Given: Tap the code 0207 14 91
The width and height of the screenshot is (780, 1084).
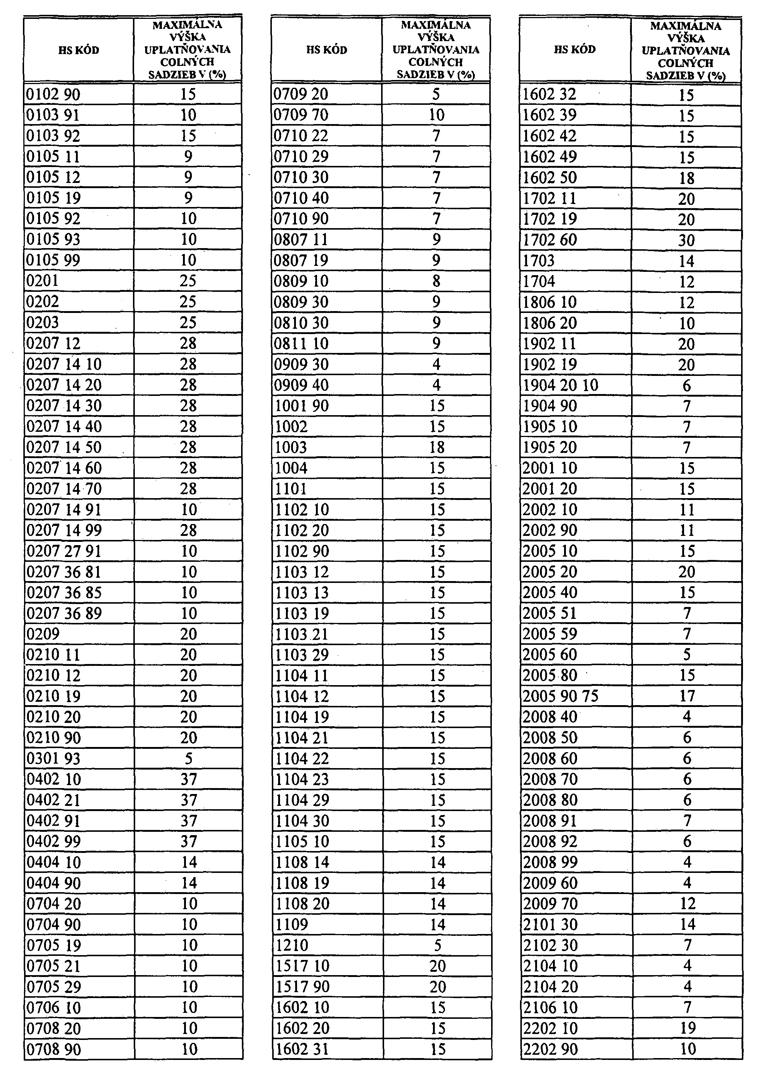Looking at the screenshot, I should pos(64,510).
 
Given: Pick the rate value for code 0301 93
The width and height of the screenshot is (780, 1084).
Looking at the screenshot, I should pos(188,758).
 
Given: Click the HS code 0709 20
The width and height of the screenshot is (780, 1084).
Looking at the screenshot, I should pos(301,94).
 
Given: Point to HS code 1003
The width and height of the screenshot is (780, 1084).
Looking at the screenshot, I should pos(291,447).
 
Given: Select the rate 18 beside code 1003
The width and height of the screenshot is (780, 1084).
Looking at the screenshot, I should pos(437,447).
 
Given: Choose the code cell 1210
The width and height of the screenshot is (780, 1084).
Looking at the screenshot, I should pos(292,945).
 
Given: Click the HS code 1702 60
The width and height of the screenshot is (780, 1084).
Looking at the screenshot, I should pos(550,240).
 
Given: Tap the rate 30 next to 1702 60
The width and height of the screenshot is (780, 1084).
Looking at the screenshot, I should pos(686,240).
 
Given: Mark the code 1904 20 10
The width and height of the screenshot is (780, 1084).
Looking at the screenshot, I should pos(560,385).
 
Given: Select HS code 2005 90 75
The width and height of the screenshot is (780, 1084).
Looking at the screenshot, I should pos(560,696).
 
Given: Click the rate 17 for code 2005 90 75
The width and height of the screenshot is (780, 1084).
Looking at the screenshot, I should pos(687,696).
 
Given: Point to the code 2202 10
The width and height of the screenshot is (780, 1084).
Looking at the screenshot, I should pos(550,1028).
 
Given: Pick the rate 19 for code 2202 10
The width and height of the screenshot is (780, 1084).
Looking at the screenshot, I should pos(687,1028).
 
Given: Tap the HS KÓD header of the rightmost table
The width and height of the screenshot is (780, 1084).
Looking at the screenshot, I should pos(574,50).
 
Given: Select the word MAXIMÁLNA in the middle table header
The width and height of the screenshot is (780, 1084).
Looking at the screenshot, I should pos(436,25).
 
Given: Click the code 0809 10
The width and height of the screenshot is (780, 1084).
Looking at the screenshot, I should pos(301,281).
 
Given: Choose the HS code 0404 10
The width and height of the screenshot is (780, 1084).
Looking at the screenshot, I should pos(54,862).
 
